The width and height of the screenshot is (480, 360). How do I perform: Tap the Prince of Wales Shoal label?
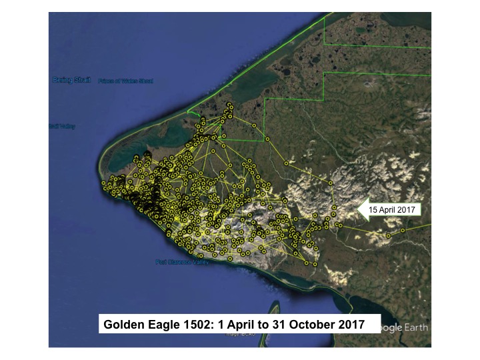point(125,81)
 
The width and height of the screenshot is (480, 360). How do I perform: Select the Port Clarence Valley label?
point(182,262)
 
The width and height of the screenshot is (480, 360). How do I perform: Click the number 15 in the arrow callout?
point(374,209)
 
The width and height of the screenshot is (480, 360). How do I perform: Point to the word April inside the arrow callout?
point(389,209)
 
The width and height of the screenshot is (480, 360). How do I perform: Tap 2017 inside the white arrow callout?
point(407,209)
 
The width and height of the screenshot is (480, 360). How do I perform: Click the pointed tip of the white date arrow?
point(359,209)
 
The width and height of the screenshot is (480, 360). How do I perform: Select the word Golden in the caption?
point(123,325)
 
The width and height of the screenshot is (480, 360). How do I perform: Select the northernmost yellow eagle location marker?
point(229,104)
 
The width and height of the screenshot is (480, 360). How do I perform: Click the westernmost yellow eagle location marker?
point(103,182)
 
